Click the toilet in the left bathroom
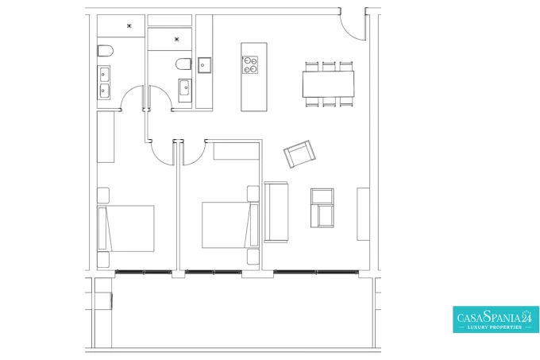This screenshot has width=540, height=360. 106,51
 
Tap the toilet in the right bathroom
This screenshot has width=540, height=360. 183,64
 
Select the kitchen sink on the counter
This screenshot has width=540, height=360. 204,64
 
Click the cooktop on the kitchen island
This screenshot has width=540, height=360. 250,64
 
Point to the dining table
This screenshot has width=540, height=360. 329,84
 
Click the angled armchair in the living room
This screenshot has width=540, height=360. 299,153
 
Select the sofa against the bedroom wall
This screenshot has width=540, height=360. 276,212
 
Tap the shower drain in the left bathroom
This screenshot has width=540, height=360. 129,25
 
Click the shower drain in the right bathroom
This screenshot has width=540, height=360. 176,39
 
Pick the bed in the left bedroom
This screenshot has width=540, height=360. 126,228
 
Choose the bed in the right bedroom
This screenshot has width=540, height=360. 230,225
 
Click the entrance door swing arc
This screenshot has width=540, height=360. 349,32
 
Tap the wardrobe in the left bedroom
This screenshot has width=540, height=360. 106,137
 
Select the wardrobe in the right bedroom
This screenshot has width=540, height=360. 237,150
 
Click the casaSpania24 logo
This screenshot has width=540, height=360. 496,319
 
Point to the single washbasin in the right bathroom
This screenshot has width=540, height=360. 185,91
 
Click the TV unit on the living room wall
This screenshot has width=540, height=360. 363,214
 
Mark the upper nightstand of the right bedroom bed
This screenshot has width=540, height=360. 253,194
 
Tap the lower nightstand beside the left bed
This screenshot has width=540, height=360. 103,259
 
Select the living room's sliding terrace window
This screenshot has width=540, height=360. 316,272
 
